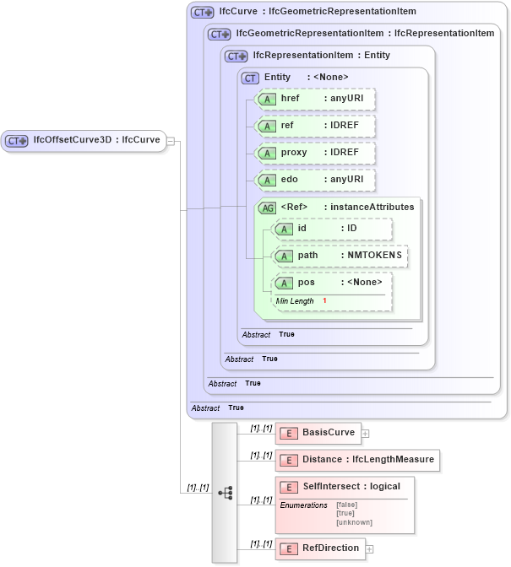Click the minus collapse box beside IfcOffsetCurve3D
click(x=170, y=141)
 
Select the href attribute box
click(x=315, y=99)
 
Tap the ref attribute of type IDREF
click(x=315, y=126)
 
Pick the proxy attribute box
click(x=315, y=153)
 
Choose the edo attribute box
click(x=315, y=180)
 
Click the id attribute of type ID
click(x=332, y=229)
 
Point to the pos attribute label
click(x=307, y=283)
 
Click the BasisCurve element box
click(x=318, y=433)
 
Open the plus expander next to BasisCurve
click(x=366, y=434)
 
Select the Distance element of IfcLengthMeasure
click(x=357, y=460)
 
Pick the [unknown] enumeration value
click(x=354, y=522)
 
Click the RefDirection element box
click(x=320, y=548)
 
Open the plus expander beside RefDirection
click(x=369, y=549)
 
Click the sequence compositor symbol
click(x=225, y=493)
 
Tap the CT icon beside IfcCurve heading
click(x=202, y=13)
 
